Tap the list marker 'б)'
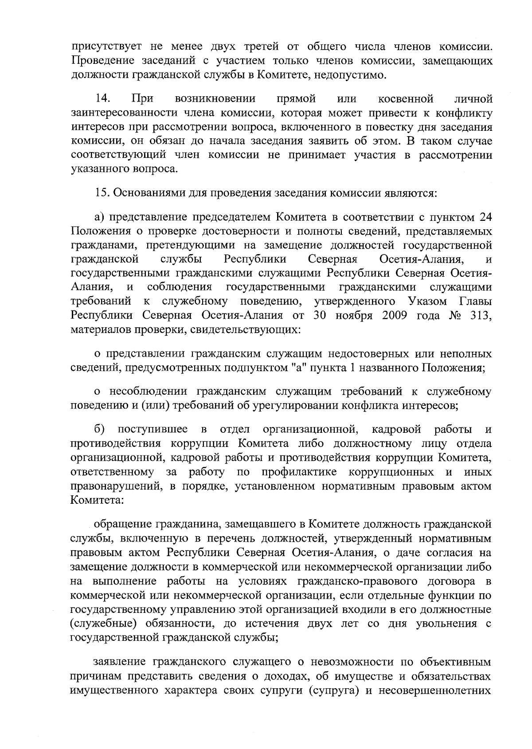point(99,429)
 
